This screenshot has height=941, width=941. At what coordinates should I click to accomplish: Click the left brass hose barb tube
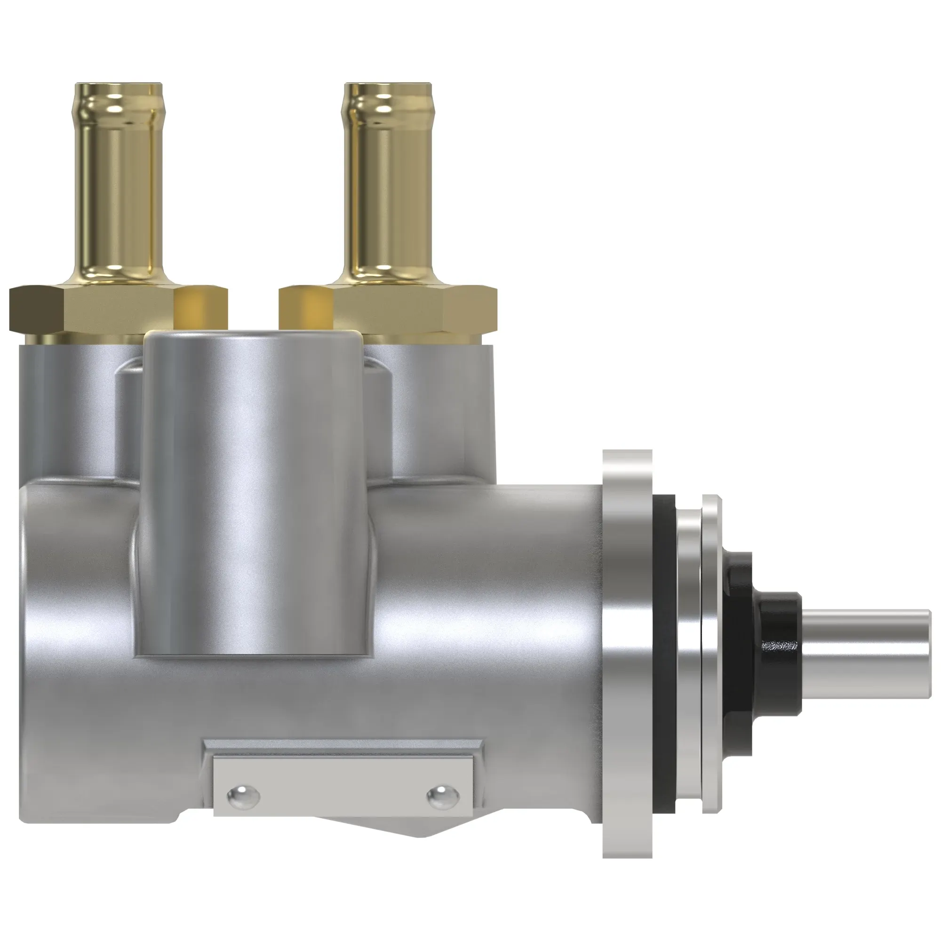tap(120, 195)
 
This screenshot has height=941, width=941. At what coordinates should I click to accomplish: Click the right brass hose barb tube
tap(388, 195)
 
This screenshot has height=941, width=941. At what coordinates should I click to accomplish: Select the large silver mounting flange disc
tap(627, 653)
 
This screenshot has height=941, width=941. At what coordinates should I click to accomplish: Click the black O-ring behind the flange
tap(664, 653)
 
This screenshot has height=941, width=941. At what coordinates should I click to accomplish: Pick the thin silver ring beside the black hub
tap(710, 653)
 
